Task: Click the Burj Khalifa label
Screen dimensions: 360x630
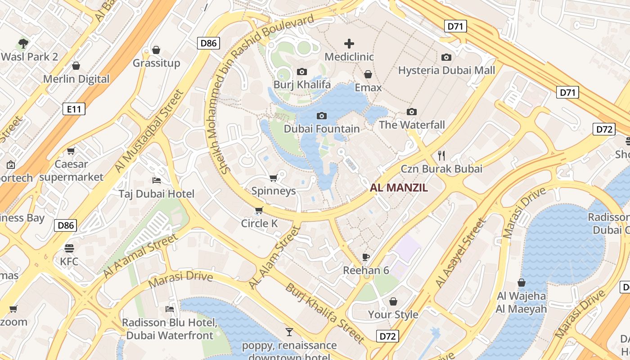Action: [302, 85]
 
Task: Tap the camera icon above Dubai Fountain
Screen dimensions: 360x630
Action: [321, 116]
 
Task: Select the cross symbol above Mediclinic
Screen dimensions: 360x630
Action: [349, 44]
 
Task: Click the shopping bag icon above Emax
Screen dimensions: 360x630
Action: [368, 74]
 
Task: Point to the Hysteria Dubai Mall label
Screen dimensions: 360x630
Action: [446, 70]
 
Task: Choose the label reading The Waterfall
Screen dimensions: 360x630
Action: [412, 125]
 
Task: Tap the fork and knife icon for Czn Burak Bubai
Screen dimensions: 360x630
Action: [441, 156]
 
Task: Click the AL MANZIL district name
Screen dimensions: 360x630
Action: [399, 188]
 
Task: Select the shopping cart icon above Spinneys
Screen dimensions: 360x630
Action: [273, 178]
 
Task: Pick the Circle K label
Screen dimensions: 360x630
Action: [259, 223]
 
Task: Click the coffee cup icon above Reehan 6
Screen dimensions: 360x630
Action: [366, 257]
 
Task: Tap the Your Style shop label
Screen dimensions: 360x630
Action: [393, 314]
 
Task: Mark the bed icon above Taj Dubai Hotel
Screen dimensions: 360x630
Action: [156, 180]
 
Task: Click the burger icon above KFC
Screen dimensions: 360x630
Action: [69, 248]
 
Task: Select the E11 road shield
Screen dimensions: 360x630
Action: [73, 108]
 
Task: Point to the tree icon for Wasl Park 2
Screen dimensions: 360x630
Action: [23, 44]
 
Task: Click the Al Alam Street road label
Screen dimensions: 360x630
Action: [274, 258]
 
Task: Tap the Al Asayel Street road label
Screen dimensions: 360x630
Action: [461, 253]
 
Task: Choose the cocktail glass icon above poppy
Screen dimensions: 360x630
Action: [289, 332]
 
